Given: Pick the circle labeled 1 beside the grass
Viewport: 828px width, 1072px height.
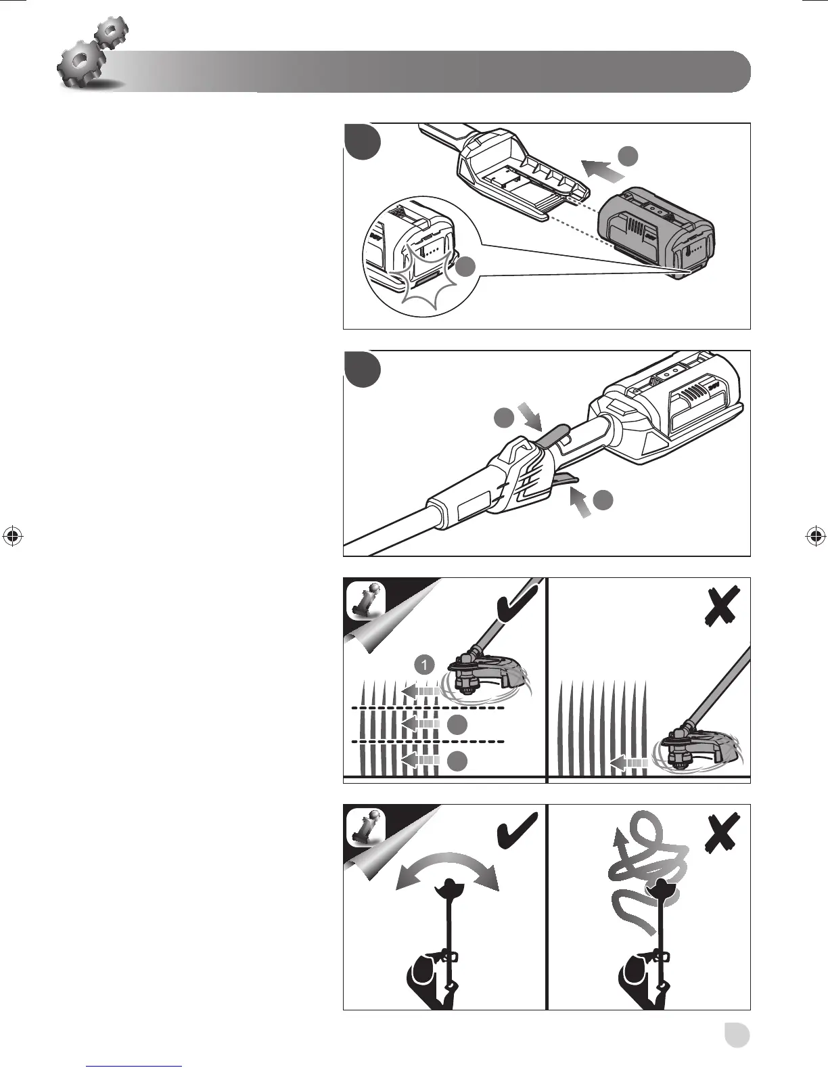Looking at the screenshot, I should (424, 665).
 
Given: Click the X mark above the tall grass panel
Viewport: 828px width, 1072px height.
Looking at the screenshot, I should (721, 606).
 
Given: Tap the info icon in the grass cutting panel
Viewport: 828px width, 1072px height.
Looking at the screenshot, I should (366, 600).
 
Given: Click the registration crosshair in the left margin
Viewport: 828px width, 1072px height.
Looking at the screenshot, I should (13, 536).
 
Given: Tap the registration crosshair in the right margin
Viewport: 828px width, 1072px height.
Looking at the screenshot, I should (815, 536).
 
